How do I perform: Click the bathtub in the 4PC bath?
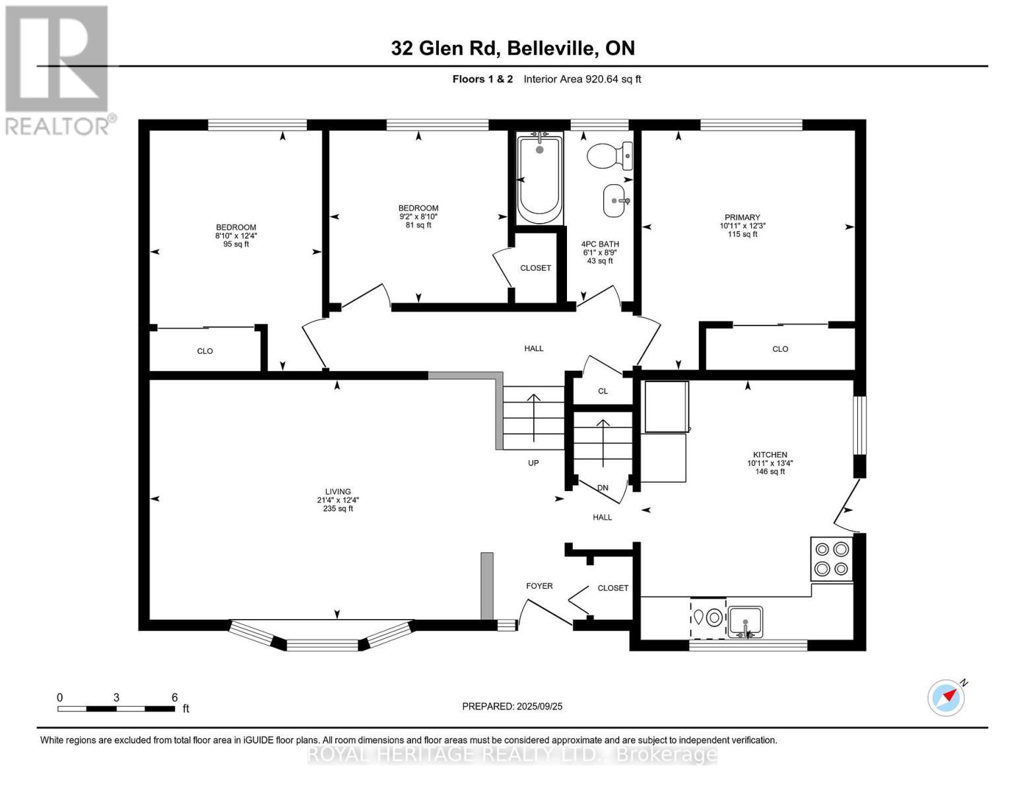pos(539,180)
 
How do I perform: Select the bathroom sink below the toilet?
pos(616,200)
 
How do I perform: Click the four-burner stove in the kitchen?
pos(832,558)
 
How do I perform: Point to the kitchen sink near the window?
pos(745,622)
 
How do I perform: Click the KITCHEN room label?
pos(770,455)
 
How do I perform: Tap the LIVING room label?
pos(337,492)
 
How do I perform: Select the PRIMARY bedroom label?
pos(742,217)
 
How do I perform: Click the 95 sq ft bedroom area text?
pos(236,244)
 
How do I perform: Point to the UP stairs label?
pos(533,463)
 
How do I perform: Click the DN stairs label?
pos(602,488)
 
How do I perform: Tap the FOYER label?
pos(539,586)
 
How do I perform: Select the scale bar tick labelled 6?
pos(174,698)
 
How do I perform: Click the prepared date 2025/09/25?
pos(512,706)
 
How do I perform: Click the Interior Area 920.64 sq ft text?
pos(582,79)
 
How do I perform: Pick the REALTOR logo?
pos(58,69)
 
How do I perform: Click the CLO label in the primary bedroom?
pos(780,349)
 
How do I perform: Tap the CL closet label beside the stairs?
pos(603,391)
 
